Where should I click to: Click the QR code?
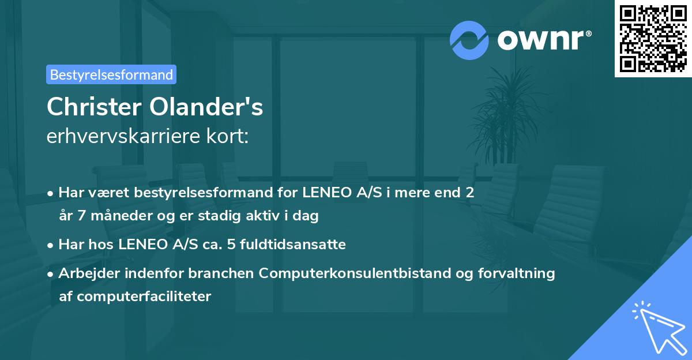click(x=653, y=38)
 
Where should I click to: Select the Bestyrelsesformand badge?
click(x=111, y=74)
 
